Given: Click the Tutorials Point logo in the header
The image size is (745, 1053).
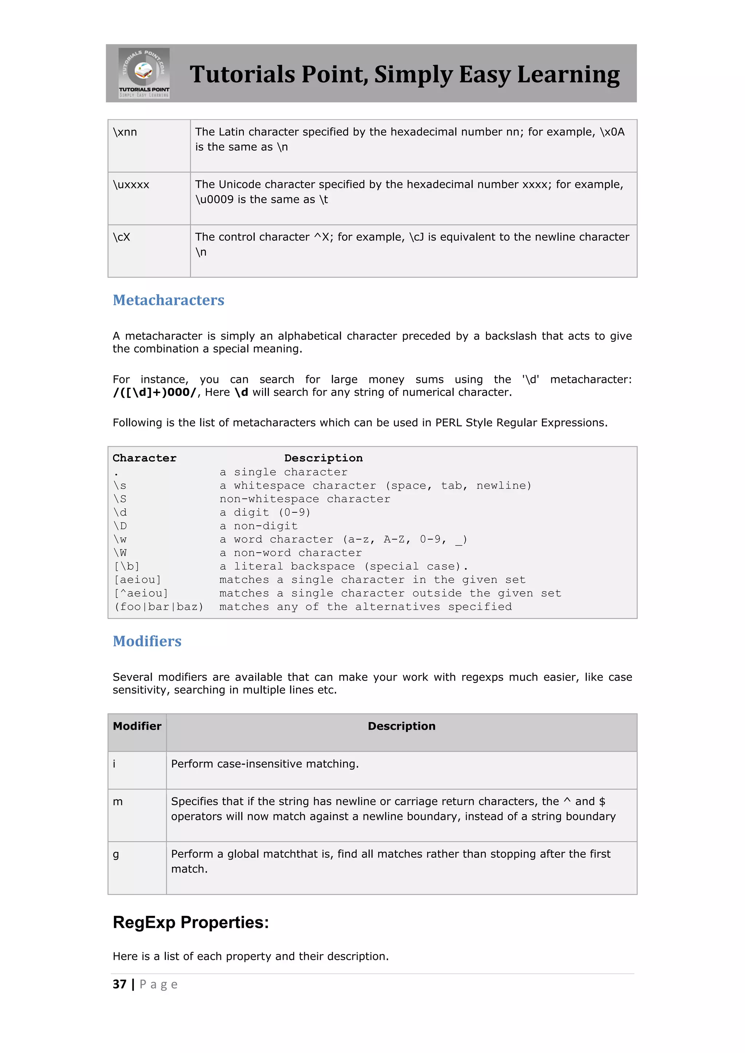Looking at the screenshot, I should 144,73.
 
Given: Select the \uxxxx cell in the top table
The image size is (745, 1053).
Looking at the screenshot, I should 131,185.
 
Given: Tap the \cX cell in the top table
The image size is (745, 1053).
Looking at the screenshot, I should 121,237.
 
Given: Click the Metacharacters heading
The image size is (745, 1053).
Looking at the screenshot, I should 168,300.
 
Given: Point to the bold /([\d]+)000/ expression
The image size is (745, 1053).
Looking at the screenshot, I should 155,393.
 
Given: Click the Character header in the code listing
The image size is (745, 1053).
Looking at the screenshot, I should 144,458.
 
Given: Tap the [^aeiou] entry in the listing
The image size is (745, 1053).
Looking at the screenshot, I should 141,593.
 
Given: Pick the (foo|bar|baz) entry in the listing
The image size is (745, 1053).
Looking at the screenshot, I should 159,607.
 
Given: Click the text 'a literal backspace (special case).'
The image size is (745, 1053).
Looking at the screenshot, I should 343,566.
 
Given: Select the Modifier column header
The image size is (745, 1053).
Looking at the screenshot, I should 137,726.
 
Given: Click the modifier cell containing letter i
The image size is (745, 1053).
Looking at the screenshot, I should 115,764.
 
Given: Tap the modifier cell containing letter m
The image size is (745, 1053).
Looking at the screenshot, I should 118,802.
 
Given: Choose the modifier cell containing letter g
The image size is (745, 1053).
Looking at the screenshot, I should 116,854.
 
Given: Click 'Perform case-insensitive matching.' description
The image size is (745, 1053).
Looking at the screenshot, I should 265,764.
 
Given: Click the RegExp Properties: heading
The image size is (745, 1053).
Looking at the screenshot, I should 191,922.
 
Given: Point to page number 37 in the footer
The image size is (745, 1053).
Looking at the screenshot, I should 120,984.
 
